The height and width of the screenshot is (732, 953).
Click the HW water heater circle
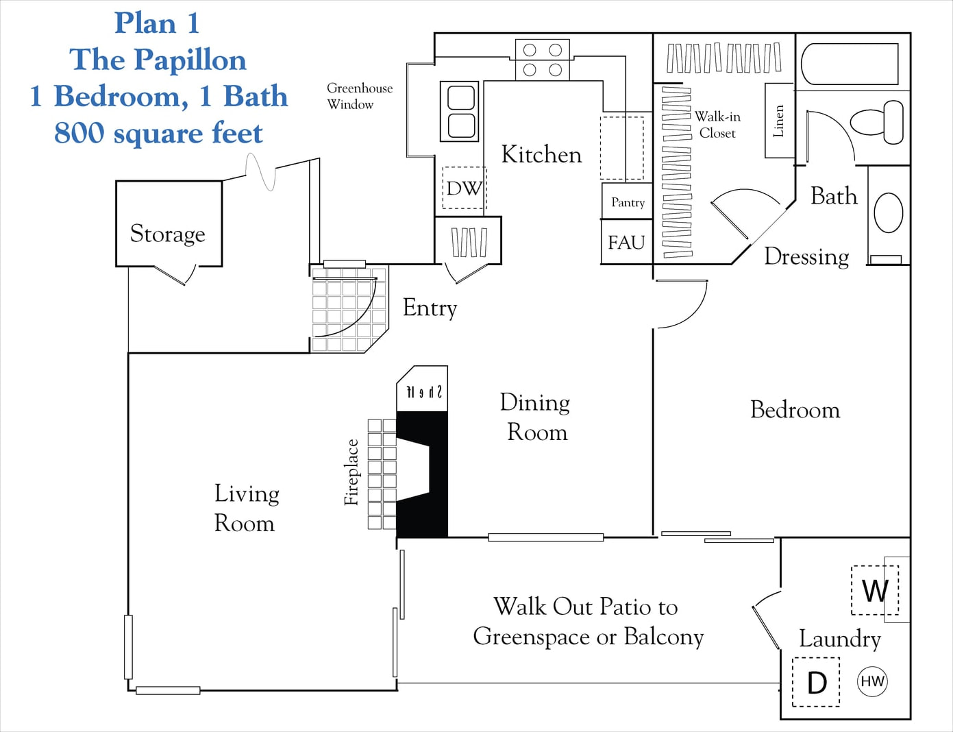point(872,681)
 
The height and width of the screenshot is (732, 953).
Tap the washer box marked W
point(874,590)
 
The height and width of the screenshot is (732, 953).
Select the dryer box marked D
point(816,682)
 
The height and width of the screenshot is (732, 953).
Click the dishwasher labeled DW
point(464,188)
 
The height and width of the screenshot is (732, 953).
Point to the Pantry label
point(628,202)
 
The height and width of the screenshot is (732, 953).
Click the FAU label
point(626,242)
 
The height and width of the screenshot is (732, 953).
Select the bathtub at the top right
point(850,64)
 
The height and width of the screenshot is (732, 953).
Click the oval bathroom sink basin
point(889,212)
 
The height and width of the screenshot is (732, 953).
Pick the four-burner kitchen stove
point(543,60)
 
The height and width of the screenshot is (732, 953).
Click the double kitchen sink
point(460,112)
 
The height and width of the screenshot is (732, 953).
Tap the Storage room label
point(168,234)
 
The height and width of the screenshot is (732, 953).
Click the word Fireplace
point(351,472)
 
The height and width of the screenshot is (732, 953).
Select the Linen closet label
point(778,121)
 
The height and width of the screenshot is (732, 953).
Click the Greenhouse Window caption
point(359,96)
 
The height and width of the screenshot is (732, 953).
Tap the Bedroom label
point(795,410)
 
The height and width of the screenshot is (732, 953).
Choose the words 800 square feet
point(158,133)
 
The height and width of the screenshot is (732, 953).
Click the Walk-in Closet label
point(717,125)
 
